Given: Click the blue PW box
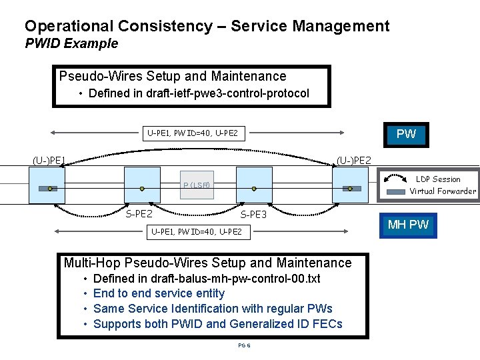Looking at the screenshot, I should coord(405,134).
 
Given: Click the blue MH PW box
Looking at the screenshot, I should coord(409,225).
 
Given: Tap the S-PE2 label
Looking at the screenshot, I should coord(139,214).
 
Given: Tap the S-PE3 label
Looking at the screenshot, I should coord(253,215).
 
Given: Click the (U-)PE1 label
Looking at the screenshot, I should coord(49,160).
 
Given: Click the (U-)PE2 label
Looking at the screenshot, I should coord(354,160).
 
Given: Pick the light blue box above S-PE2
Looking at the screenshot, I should coord(142,185).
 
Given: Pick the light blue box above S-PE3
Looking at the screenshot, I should coord(255,185).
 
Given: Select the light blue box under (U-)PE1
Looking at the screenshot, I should coord(47,185).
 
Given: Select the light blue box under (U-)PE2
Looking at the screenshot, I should coord(350,185).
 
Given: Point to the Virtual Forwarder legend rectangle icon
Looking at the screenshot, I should coord(396,191).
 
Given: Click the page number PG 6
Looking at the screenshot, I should coord(244,345).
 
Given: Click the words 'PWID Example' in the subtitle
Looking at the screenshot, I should coord(71,44).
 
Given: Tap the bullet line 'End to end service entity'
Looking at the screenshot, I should coord(159,293).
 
